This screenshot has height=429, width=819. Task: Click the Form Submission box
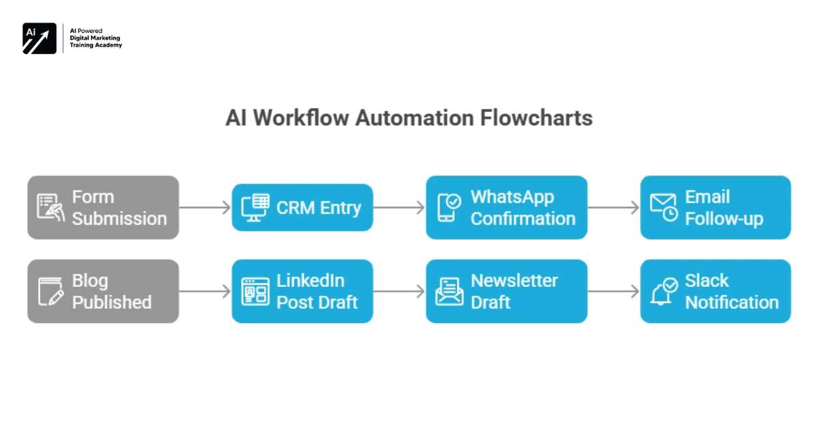[x=103, y=208]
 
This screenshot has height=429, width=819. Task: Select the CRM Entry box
[x=302, y=208]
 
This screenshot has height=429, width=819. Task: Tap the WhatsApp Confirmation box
[x=506, y=208]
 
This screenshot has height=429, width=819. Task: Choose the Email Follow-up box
[x=715, y=208]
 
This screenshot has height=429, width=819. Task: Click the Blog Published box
[x=103, y=291]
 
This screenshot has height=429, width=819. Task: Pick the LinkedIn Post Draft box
[x=302, y=291]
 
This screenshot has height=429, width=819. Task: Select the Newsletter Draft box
[x=506, y=291]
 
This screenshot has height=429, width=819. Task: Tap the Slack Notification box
[x=715, y=291]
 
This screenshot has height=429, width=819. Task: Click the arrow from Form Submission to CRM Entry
[x=205, y=208]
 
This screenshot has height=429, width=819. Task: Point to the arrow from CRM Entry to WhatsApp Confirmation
[x=399, y=208]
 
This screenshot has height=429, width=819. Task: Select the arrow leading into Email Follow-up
[x=614, y=208]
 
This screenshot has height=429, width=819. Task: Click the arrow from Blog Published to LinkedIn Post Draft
[x=205, y=292]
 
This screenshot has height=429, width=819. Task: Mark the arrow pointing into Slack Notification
[x=614, y=292]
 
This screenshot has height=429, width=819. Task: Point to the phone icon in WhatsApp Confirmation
[x=448, y=208]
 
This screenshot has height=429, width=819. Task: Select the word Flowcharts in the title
[x=536, y=117]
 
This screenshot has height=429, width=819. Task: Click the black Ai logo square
[x=40, y=38]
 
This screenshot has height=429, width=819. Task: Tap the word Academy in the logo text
[x=109, y=46]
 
